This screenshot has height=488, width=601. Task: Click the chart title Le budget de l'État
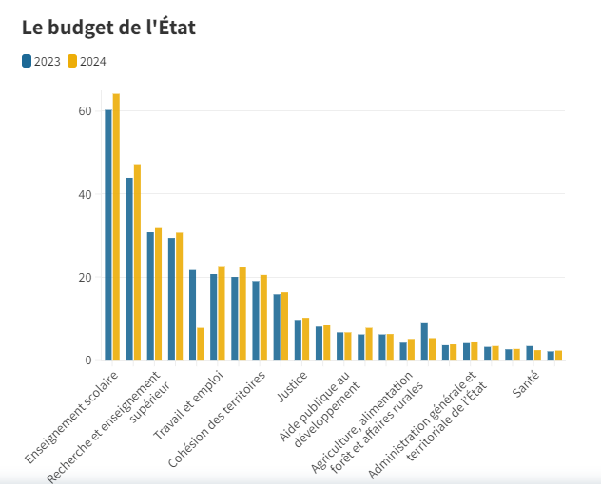tap(108, 28)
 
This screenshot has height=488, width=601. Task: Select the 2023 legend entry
tap(41, 62)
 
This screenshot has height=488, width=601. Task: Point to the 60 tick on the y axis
tap(85, 111)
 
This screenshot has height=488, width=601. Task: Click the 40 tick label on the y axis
tap(85, 194)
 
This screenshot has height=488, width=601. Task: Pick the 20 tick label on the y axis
tap(85, 278)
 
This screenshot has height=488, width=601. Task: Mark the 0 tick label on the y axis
tap(87, 361)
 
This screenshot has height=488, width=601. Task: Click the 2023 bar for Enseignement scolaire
tap(108, 235)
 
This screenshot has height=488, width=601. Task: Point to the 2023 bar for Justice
tap(298, 340)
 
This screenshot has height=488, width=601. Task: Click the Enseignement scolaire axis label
tap(73, 417)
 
